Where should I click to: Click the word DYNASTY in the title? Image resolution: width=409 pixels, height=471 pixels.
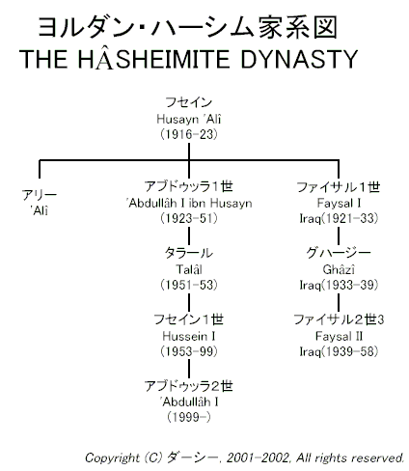click(299, 60)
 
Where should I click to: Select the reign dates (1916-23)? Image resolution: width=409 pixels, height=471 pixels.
click(189, 134)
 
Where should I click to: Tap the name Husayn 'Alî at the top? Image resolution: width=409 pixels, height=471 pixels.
click(189, 119)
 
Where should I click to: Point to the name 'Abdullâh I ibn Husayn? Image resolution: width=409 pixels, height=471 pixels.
click(189, 204)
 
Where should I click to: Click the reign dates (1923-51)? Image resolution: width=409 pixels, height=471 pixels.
click(189, 219)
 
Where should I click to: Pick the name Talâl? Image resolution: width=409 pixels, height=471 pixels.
click(189, 269)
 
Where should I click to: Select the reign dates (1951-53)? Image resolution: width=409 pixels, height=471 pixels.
click(189, 285)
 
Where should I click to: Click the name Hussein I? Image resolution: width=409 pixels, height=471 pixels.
click(189, 336)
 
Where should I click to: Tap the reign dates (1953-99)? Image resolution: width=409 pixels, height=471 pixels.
click(189, 351)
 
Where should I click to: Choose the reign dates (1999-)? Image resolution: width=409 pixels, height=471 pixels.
click(189, 417)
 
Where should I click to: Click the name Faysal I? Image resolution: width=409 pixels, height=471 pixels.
click(339, 204)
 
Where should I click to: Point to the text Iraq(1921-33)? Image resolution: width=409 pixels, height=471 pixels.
click(339, 219)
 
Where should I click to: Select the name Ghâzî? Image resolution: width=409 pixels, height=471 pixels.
click(339, 269)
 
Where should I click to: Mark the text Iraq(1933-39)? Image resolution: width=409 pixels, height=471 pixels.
click(339, 285)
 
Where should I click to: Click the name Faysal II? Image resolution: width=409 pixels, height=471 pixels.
click(339, 336)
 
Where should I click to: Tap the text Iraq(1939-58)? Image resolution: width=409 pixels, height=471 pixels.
click(339, 351)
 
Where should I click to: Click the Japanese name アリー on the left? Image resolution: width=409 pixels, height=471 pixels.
click(40, 195)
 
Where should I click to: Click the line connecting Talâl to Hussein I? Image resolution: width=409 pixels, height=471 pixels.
click(189, 303)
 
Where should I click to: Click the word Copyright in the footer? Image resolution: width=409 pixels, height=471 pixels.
click(112, 457)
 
